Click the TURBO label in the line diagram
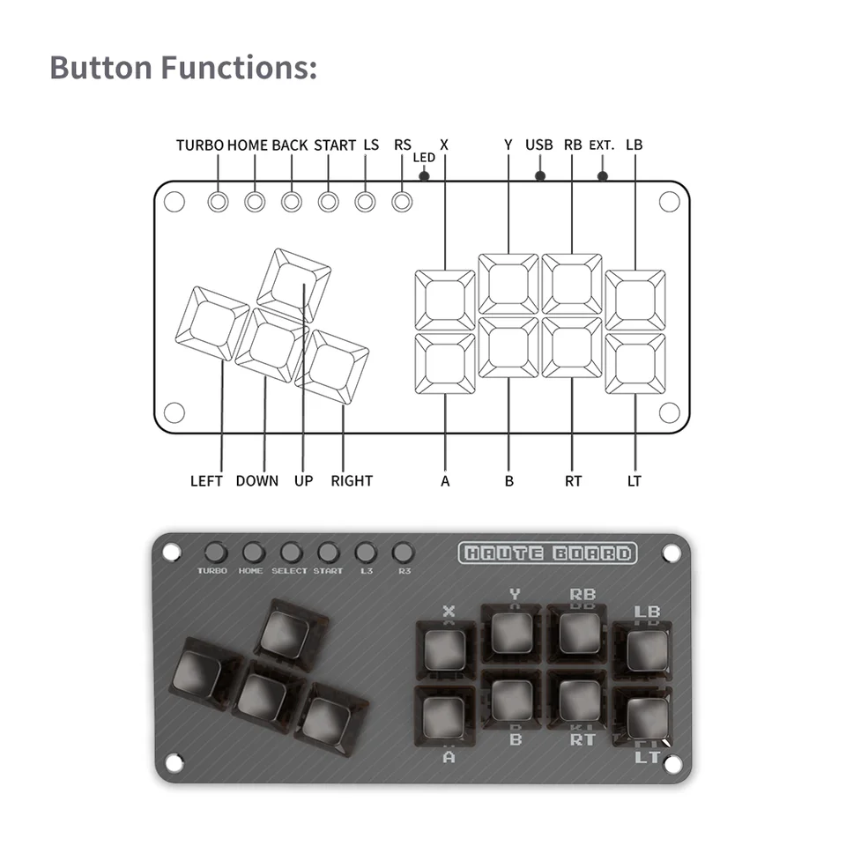click(x=200, y=145)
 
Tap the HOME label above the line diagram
click(x=248, y=145)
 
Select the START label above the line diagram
click(x=335, y=145)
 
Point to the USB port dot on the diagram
click(x=540, y=175)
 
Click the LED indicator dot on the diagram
click(x=424, y=175)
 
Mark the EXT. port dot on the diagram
click(x=603, y=175)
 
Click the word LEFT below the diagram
click(x=206, y=481)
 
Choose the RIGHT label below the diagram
click(x=352, y=481)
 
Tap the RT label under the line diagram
click(x=573, y=481)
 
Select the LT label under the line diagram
click(x=634, y=481)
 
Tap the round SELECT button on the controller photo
click(x=291, y=553)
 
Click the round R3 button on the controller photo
click(x=403, y=553)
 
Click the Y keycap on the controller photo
click(x=513, y=632)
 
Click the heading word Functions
click(x=238, y=68)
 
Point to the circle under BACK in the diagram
click(x=292, y=202)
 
